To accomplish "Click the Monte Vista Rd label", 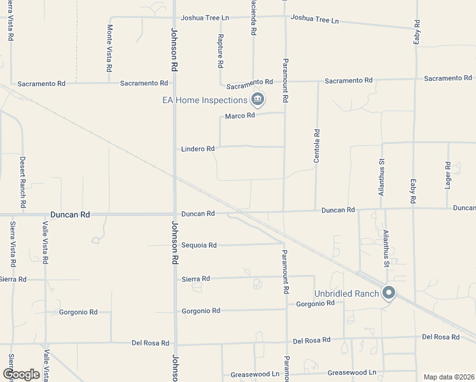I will [109, 48].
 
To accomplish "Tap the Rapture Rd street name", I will [220, 51].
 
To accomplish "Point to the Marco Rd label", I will [240, 116].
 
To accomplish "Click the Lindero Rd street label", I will [198, 149].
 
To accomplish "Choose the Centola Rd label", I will [317, 146].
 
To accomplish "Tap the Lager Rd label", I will [448, 173].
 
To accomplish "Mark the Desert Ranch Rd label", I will [22, 183].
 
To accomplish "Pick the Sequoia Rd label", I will [199, 245].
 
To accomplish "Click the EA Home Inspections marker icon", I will [258, 99].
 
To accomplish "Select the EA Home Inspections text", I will [204, 100].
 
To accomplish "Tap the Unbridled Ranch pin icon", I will [389, 294].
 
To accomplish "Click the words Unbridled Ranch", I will [347, 294].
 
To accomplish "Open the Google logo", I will [21, 374].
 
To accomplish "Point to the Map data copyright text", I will [449, 377].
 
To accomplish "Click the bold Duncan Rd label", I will [71, 215].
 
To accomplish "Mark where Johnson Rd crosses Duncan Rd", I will [175, 215].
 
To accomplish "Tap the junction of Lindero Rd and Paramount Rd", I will [284, 146].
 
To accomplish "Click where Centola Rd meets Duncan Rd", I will [316, 210].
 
